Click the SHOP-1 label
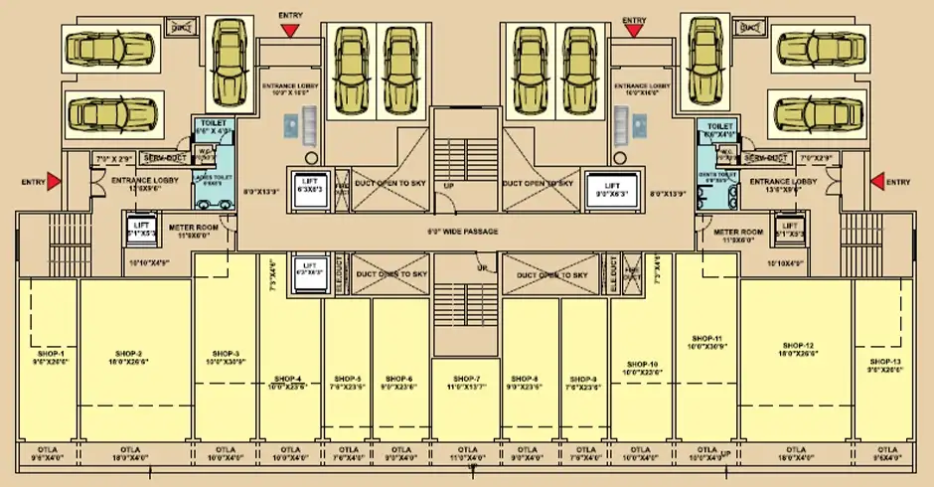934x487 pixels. click(x=49, y=354)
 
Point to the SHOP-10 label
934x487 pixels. click(x=641, y=364)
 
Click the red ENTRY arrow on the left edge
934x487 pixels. click(x=55, y=181)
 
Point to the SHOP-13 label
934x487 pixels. click(x=884, y=362)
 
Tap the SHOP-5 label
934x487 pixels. click(x=347, y=379)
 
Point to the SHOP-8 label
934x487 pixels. click(x=522, y=379)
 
